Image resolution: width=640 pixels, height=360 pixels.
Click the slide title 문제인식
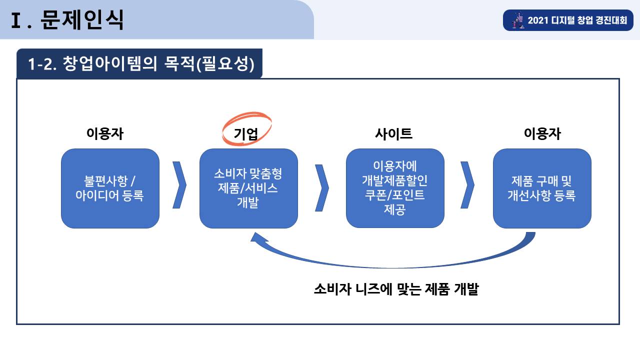click(x=81, y=19)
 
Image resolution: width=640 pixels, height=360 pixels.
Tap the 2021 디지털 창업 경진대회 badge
click(x=568, y=20)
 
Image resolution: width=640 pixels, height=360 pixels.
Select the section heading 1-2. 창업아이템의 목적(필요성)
click(x=141, y=63)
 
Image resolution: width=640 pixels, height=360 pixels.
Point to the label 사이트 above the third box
click(x=393, y=133)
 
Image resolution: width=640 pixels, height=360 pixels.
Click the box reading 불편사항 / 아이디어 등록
click(x=110, y=188)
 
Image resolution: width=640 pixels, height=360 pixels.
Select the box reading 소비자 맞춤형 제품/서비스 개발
click(x=248, y=188)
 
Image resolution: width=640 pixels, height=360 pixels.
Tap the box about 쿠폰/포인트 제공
click(x=395, y=188)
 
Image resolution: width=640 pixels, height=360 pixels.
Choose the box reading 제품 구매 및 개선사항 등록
click(x=542, y=188)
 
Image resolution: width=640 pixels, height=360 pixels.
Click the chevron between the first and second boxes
click(x=180, y=185)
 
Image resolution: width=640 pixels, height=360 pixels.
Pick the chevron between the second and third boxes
click(x=322, y=187)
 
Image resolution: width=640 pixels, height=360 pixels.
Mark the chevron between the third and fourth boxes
click(x=468, y=185)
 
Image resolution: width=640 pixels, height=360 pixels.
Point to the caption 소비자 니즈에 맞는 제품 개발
click(x=396, y=289)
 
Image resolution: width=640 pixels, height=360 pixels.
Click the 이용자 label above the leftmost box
click(x=105, y=133)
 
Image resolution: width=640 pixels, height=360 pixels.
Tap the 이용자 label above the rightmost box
click(x=542, y=133)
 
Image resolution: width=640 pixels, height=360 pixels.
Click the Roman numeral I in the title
click(x=15, y=20)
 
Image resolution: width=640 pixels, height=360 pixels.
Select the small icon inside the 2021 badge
click(x=518, y=20)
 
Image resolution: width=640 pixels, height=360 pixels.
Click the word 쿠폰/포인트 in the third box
click(x=394, y=195)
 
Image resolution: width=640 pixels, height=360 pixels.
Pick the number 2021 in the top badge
click(x=537, y=20)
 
